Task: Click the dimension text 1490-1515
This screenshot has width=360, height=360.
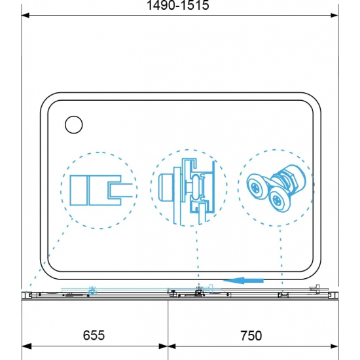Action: (178, 6)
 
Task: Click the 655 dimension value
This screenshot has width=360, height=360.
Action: (94, 335)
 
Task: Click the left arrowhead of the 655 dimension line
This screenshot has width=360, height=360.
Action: (27, 346)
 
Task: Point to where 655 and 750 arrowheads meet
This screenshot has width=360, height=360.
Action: (168, 346)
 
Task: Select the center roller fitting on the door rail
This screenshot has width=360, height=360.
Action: (197, 293)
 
